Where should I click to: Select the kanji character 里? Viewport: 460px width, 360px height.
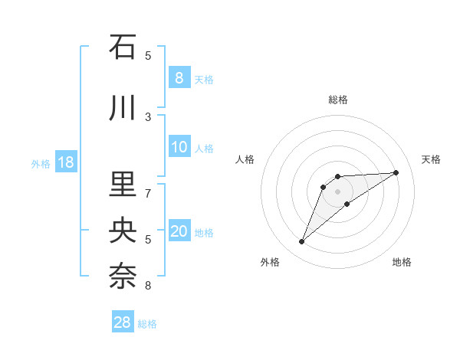point(123,184)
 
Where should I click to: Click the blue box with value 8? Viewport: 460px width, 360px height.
point(179,78)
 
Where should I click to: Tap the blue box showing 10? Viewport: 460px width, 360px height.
point(179,148)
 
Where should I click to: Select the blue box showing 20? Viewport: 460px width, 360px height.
point(179,232)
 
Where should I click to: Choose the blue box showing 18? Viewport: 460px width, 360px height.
point(65,162)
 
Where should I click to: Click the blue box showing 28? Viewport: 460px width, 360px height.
point(122,322)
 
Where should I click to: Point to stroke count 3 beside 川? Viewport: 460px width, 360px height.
point(148,116)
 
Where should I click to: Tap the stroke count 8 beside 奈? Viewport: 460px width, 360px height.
point(148,286)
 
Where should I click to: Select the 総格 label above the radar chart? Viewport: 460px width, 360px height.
point(338,100)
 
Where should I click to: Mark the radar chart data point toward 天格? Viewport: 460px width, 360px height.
point(396,172)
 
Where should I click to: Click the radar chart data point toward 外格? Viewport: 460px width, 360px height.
point(301,242)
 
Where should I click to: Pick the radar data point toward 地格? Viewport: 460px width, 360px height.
point(347,204)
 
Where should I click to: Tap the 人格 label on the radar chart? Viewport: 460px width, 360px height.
point(245,159)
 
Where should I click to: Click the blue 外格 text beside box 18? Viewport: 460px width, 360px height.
point(40,163)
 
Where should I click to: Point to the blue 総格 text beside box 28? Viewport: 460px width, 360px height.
point(147,324)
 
